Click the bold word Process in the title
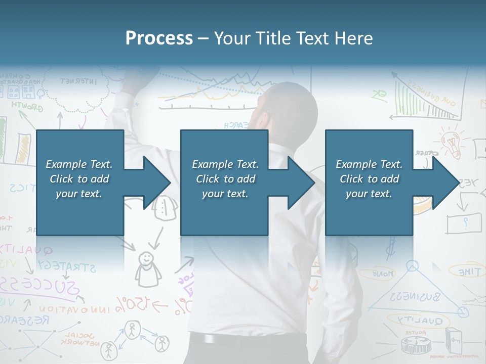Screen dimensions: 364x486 159,38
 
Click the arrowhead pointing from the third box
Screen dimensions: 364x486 445,183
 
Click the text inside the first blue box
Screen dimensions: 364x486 79,179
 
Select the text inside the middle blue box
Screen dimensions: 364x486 225,179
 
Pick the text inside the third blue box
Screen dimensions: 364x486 369,179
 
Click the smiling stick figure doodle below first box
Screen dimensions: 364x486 147,268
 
